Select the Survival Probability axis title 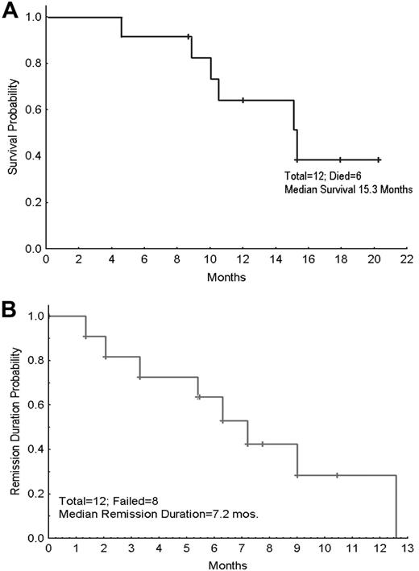click(13, 133)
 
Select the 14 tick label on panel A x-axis click(292, 262)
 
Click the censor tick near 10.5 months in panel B click(337, 475)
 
